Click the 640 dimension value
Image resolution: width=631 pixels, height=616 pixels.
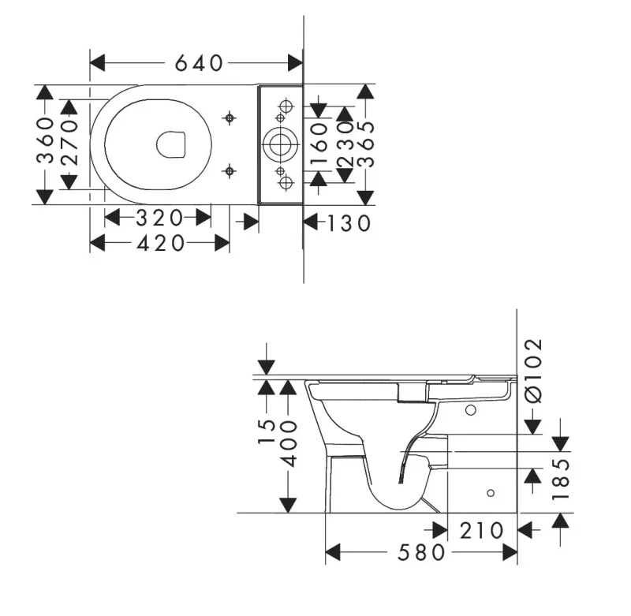199,63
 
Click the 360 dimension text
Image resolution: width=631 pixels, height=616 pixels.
46,140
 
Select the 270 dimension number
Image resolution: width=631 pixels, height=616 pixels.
69,144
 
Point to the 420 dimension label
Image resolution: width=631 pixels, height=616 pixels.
161,244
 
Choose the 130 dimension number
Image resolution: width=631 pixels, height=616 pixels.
349,224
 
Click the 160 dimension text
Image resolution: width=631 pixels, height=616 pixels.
319,144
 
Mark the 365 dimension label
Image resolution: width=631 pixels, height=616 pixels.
366,144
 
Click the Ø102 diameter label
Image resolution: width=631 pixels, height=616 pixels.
534,371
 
